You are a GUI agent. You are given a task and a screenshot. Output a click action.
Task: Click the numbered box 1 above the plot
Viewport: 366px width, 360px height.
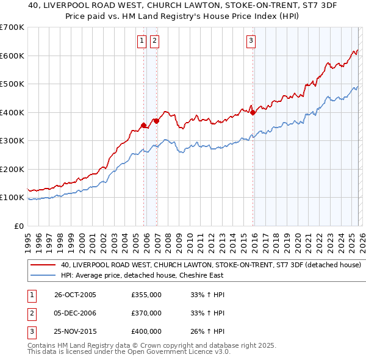tap(142, 41)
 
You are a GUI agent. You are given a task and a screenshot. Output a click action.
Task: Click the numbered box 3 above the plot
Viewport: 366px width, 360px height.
tap(250, 41)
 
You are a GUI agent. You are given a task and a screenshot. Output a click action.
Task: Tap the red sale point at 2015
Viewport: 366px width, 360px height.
tap(253, 112)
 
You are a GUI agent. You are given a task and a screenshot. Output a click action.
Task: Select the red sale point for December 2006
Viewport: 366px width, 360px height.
tap(156, 121)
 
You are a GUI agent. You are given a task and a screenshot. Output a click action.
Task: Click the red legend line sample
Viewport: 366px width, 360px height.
tap(43, 265)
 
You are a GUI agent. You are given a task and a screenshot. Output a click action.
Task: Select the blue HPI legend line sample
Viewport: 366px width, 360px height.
tap(43, 275)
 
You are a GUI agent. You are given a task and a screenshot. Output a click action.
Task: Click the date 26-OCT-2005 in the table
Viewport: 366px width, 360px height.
tap(75, 295)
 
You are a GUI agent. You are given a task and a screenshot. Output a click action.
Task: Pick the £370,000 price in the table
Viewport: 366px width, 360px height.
tap(146, 313)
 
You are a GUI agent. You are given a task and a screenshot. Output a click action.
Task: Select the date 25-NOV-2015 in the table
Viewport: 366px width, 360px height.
tap(75, 331)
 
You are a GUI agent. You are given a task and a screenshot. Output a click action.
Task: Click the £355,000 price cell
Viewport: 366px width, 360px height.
tap(146, 295)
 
